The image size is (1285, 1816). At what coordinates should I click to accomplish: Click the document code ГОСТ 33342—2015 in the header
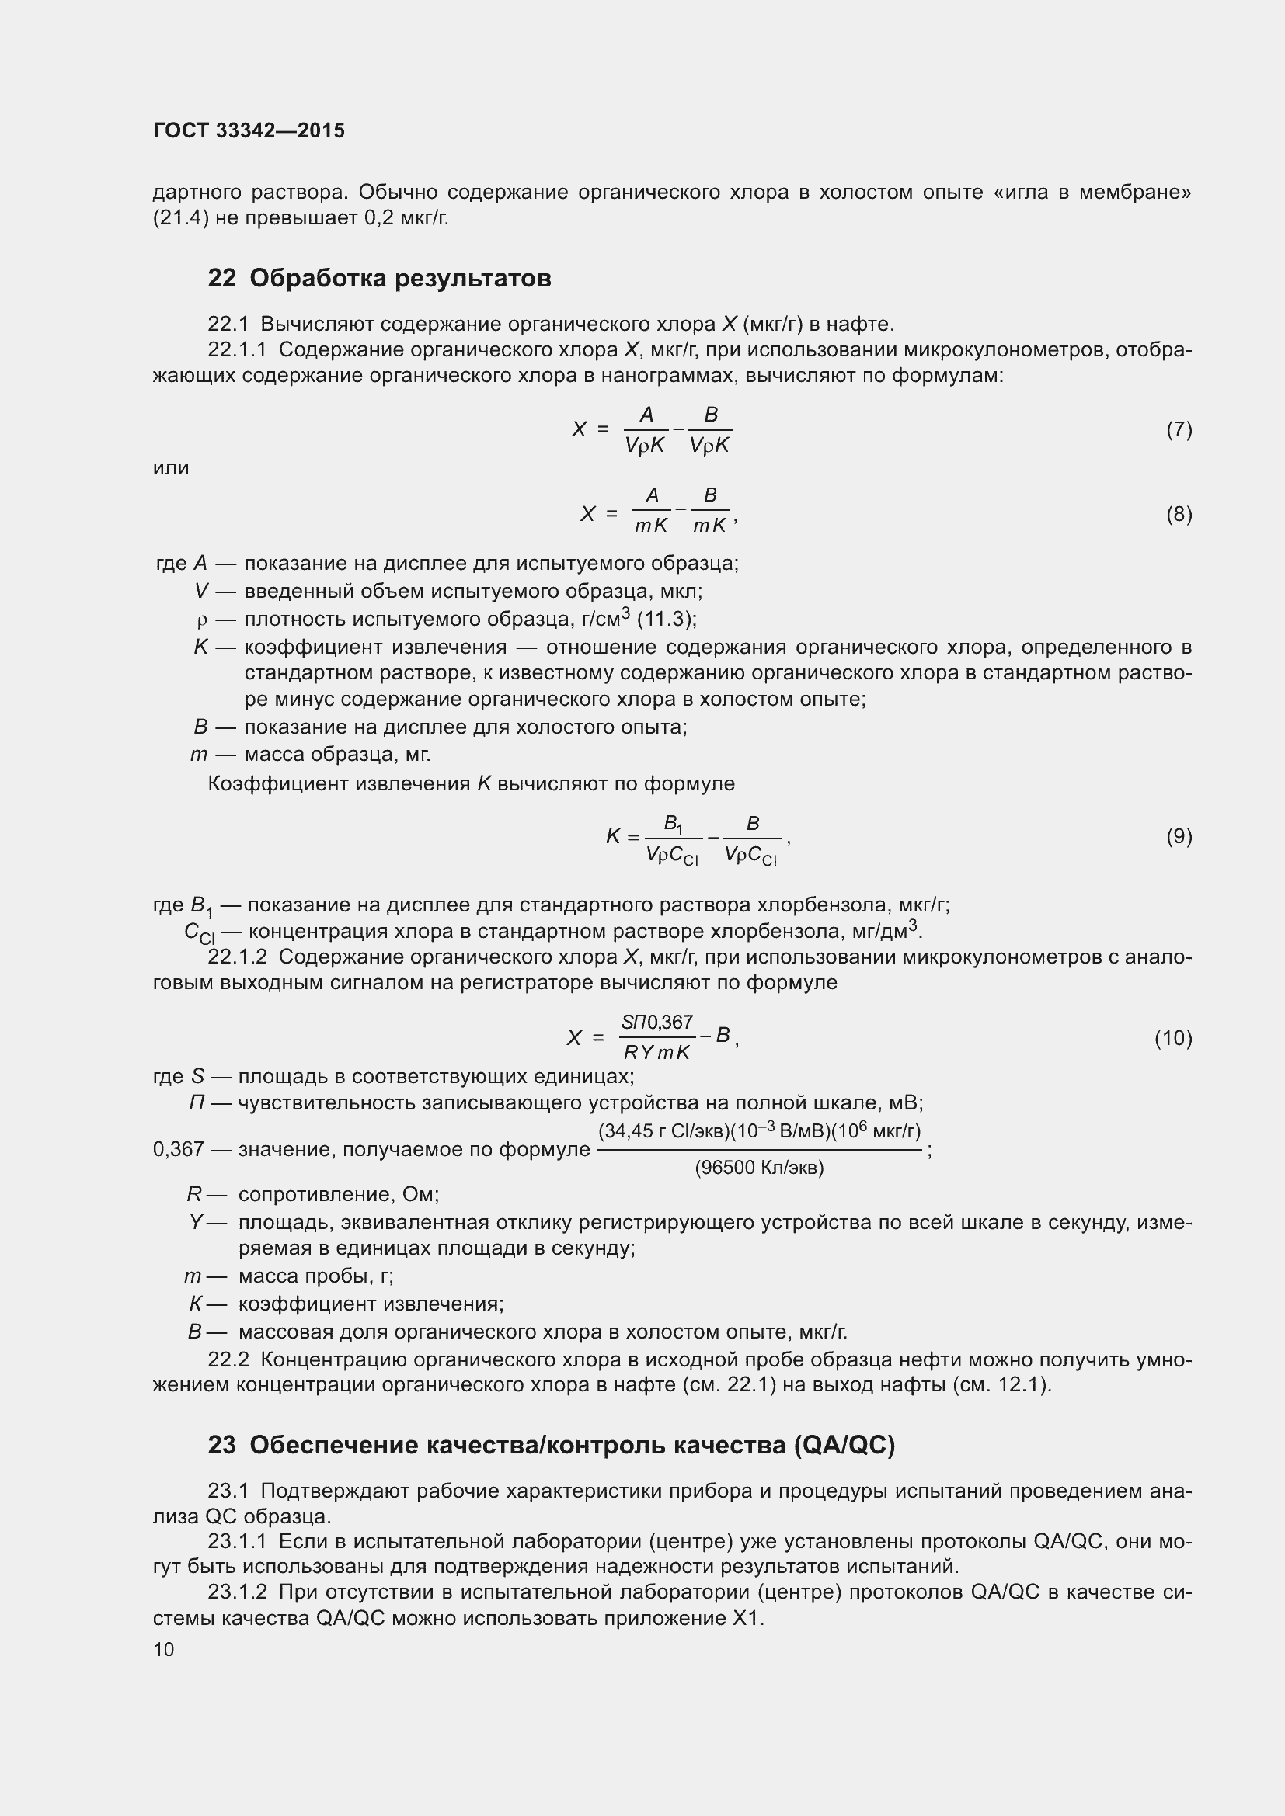click(x=249, y=130)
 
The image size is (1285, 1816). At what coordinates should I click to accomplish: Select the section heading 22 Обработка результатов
click(x=379, y=279)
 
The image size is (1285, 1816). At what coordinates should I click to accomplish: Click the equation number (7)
click(x=1179, y=429)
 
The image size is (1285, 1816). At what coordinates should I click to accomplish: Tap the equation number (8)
click(x=1179, y=514)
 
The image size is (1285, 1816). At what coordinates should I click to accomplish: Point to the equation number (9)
click(x=1179, y=836)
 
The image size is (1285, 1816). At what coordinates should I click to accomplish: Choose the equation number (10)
click(x=1173, y=1038)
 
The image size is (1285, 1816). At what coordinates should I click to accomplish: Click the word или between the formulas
click(x=171, y=467)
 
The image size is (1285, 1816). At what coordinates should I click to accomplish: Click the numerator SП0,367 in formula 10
click(x=656, y=1023)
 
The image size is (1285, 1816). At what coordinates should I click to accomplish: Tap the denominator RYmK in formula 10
click(x=656, y=1053)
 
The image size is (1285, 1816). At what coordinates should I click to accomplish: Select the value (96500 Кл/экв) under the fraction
click(x=759, y=1168)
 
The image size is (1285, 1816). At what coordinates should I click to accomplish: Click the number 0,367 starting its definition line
click(x=179, y=1148)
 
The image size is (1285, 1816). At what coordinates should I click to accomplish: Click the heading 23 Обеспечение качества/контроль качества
click(x=551, y=1445)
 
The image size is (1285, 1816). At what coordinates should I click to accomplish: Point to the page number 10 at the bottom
click(x=164, y=1649)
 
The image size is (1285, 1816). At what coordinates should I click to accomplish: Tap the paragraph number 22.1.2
click(x=238, y=957)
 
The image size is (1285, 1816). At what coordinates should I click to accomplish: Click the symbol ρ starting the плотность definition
click(x=202, y=620)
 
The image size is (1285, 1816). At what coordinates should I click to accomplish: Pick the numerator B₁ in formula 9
click(x=674, y=825)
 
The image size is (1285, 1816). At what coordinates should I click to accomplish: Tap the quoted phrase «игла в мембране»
click(x=1091, y=193)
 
